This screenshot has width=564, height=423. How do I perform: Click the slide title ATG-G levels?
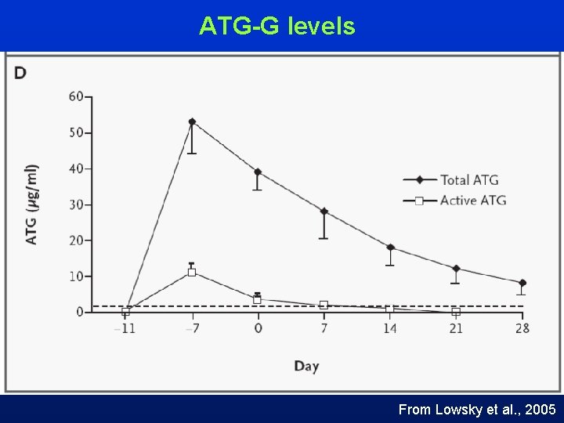pos(277,27)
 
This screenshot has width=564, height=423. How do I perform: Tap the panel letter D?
pos(20,74)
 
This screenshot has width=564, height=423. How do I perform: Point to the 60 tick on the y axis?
pos(76,97)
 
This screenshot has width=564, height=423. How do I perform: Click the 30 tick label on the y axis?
pos(76,204)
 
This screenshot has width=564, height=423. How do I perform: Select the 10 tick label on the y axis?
pos(76,277)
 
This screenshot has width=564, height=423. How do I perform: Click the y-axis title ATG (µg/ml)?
pos(31,204)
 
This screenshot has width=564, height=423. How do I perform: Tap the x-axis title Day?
pos(306,366)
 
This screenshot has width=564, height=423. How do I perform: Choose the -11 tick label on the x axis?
pos(125,328)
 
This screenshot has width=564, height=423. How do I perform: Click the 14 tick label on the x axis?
pos(389,328)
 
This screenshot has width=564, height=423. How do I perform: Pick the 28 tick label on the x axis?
pos(522,328)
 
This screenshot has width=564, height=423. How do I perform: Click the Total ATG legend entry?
pos(468,180)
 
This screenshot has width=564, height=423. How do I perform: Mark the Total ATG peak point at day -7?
pos(192,121)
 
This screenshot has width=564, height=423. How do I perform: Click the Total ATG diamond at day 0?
pos(258,172)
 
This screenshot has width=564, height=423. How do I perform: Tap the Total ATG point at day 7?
pos(324,211)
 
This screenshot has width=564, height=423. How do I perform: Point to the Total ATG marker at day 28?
pos(522,283)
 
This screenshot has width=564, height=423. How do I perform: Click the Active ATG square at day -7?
pos(192,273)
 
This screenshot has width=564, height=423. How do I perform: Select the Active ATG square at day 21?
pos(456,312)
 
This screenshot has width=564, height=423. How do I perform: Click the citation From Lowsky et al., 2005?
pos(477,409)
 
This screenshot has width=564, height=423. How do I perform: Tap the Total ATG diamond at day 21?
pos(456,269)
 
